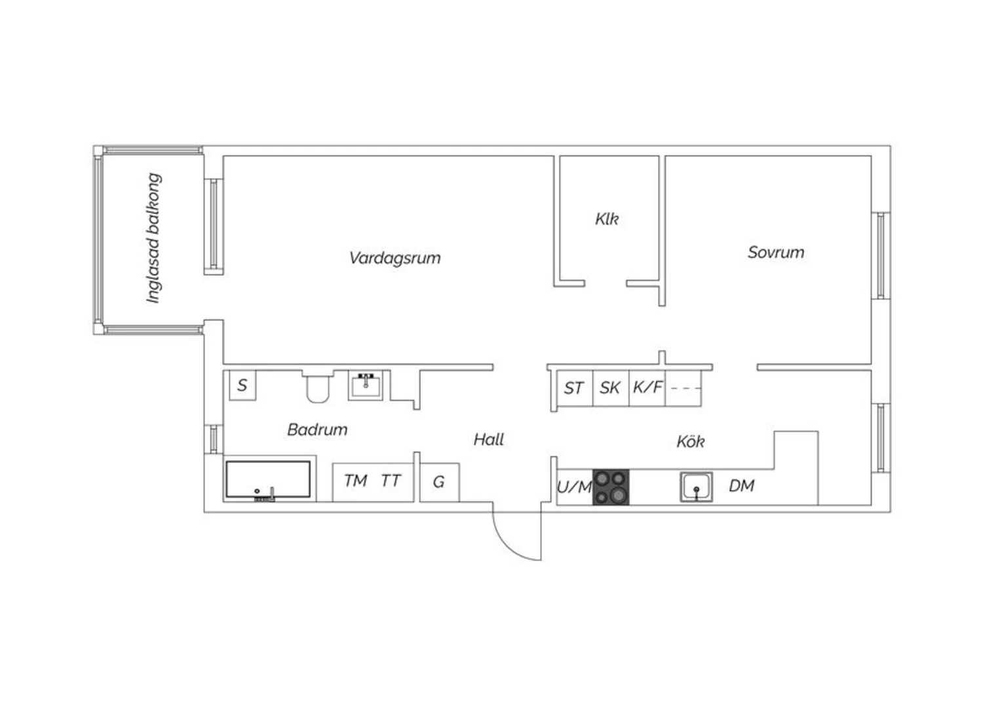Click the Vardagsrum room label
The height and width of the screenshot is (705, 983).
395,258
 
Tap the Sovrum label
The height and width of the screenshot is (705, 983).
776,252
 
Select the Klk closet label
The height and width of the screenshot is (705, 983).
607,219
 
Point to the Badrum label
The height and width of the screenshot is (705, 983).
317,429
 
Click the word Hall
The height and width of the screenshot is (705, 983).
489,439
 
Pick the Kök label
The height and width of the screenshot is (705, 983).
691,441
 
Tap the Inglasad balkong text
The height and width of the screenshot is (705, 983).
153,238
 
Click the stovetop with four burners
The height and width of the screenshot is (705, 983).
611,487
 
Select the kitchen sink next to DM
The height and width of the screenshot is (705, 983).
697,487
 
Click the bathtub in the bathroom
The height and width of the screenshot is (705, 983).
268,479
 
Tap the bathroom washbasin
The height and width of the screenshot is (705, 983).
366,385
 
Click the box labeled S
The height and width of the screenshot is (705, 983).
242,385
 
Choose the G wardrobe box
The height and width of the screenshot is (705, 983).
440,482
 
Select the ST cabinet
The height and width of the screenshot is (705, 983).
575,388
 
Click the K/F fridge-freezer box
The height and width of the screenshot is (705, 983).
647,388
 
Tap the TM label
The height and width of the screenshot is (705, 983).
355,481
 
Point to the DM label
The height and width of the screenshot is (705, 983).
742,486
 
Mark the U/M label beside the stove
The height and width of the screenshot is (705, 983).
575,487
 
